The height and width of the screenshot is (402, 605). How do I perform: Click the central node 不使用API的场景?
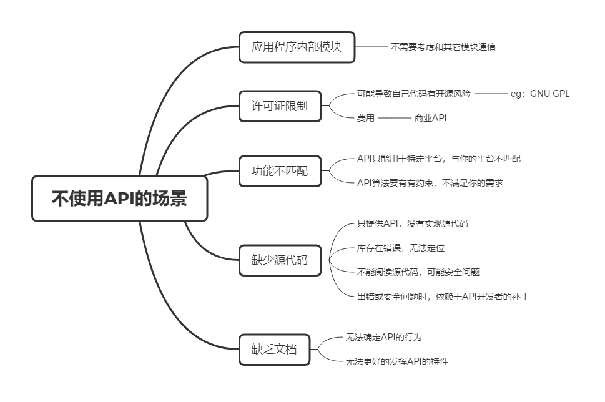119,199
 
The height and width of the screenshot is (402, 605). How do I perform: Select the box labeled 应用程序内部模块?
297,47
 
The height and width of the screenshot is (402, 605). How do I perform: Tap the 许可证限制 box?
280,106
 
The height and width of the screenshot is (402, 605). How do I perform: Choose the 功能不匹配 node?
280,170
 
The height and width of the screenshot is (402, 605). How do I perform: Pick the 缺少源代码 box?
280,260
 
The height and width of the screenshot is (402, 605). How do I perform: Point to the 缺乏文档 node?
275,349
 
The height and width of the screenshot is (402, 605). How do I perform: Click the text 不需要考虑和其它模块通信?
443,47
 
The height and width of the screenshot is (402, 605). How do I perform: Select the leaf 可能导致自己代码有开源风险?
414,94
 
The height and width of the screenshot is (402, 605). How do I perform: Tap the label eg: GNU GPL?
540,94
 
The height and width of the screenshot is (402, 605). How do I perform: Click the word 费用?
365,118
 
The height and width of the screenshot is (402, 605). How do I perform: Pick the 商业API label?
431,118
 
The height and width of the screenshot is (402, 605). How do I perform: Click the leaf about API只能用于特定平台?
438,159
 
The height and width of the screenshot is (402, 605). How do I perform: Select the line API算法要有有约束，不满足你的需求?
430,183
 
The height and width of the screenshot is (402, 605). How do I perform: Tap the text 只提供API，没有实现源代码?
412,223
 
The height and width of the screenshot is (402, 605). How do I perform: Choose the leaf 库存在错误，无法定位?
400,248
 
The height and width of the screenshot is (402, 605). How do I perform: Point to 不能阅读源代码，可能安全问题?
418,272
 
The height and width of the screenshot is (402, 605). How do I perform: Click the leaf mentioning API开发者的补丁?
442,297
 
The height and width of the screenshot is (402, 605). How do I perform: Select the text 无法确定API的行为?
383,337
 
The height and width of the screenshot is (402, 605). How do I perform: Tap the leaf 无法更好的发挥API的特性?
396,361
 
